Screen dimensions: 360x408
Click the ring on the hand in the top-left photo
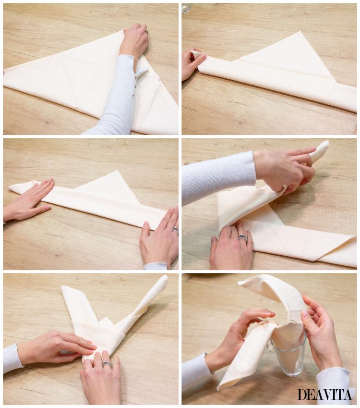point(147,32)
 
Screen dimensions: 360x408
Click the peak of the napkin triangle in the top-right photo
point(300,32)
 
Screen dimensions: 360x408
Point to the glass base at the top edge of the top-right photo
point(187,7)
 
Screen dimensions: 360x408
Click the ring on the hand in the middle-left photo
point(176,231)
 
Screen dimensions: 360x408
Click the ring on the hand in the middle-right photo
point(243,237)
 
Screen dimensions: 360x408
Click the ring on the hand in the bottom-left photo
point(107,363)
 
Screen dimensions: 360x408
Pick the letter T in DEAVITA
point(340,394)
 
